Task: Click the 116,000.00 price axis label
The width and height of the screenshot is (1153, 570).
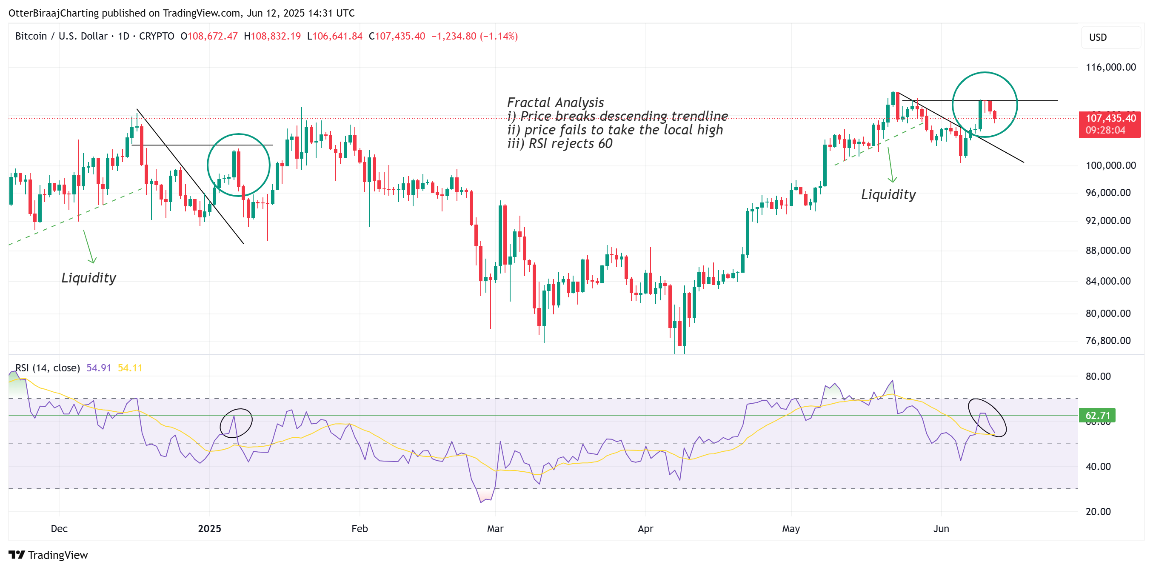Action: [x=1110, y=67]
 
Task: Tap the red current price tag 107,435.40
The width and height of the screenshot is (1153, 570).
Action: [x=1110, y=119]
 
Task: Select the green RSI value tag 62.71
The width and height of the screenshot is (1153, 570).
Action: [x=1098, y=416]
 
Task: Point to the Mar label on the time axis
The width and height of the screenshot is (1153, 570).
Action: [x=495, y=529]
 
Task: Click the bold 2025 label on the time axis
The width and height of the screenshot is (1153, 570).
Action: [x=209, y=529]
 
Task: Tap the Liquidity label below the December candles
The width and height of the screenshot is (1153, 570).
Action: [x=88, y=278]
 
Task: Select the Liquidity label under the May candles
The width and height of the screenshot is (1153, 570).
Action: [x=888, y=195]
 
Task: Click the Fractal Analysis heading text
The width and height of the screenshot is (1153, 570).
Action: [x=556, y=103]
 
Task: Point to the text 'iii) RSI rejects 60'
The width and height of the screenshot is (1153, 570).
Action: [x=559, y=144]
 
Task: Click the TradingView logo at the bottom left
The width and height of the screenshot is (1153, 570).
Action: [x=49, y=555]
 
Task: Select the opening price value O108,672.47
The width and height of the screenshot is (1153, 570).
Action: [x=209, y=36]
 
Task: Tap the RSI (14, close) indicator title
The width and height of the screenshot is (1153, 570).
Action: [x=48, y=368]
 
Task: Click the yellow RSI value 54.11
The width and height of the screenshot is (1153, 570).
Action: [x=130, y=368]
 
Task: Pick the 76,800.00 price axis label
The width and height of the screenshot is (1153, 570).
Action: [x=1108, y=340]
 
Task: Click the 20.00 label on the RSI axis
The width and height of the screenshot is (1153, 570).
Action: [x=1098, y=511]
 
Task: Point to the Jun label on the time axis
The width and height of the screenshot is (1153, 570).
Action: [x=941, y=529]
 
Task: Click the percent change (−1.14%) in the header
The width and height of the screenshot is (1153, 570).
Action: [x=499, y=36]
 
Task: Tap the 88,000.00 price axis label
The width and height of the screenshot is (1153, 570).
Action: [x=1108, y=251]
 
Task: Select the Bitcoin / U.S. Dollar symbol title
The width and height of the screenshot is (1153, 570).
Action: [x=61, y=36]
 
